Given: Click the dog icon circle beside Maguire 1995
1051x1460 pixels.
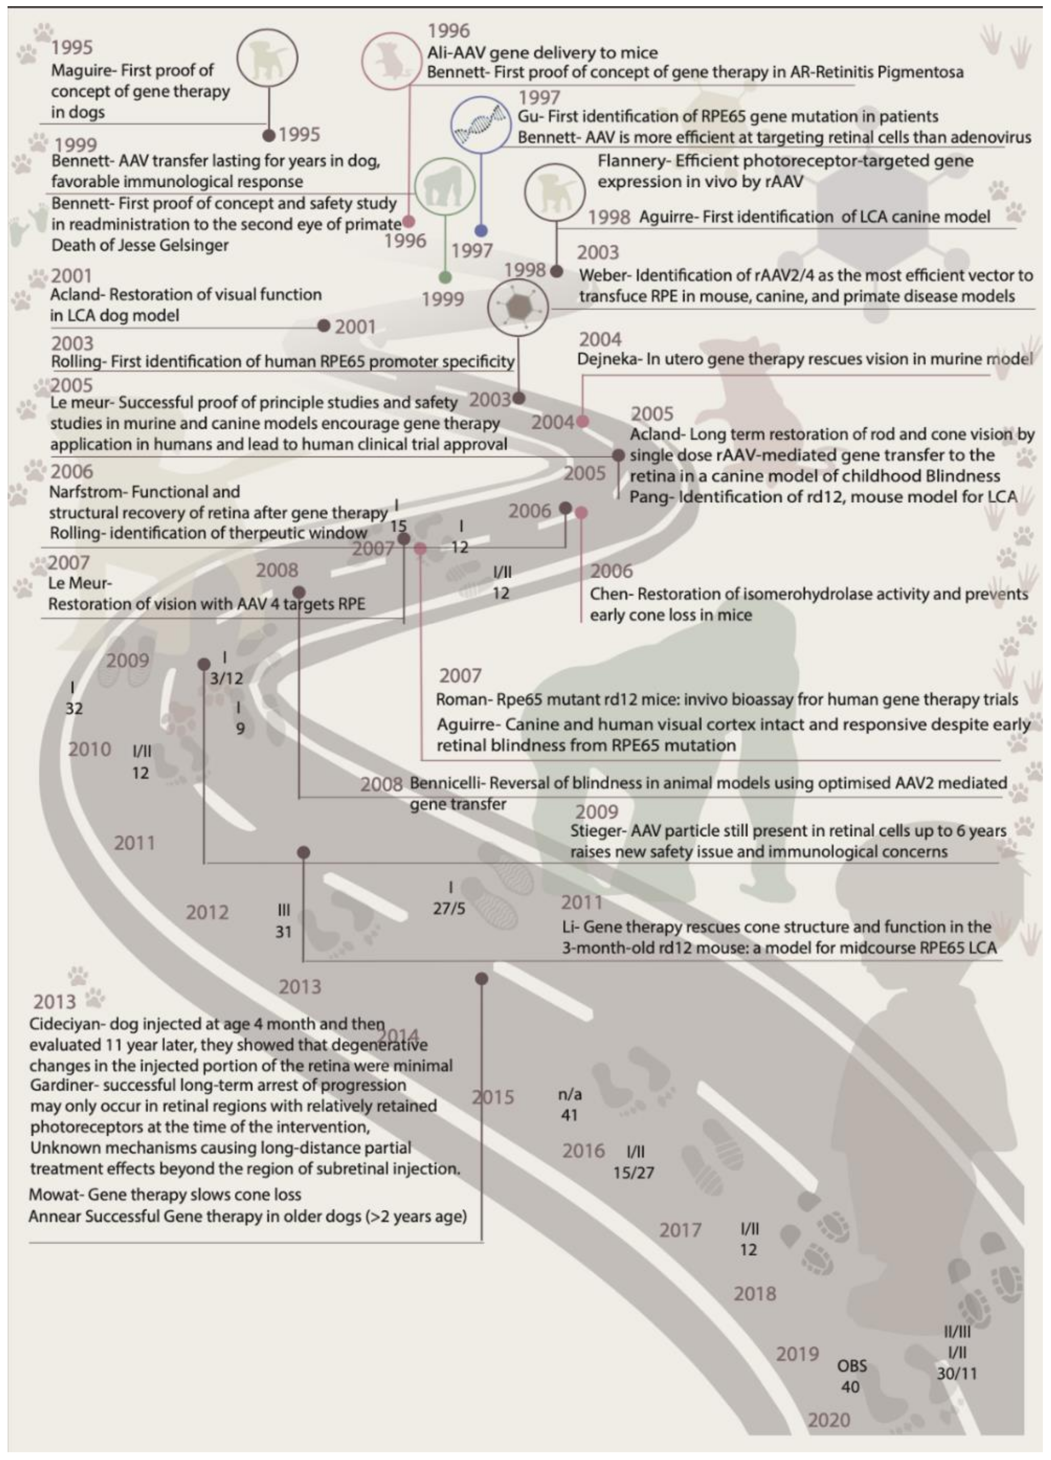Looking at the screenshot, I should [x=267, y=58].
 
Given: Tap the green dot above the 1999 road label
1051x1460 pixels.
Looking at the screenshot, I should [x=445, y=278].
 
